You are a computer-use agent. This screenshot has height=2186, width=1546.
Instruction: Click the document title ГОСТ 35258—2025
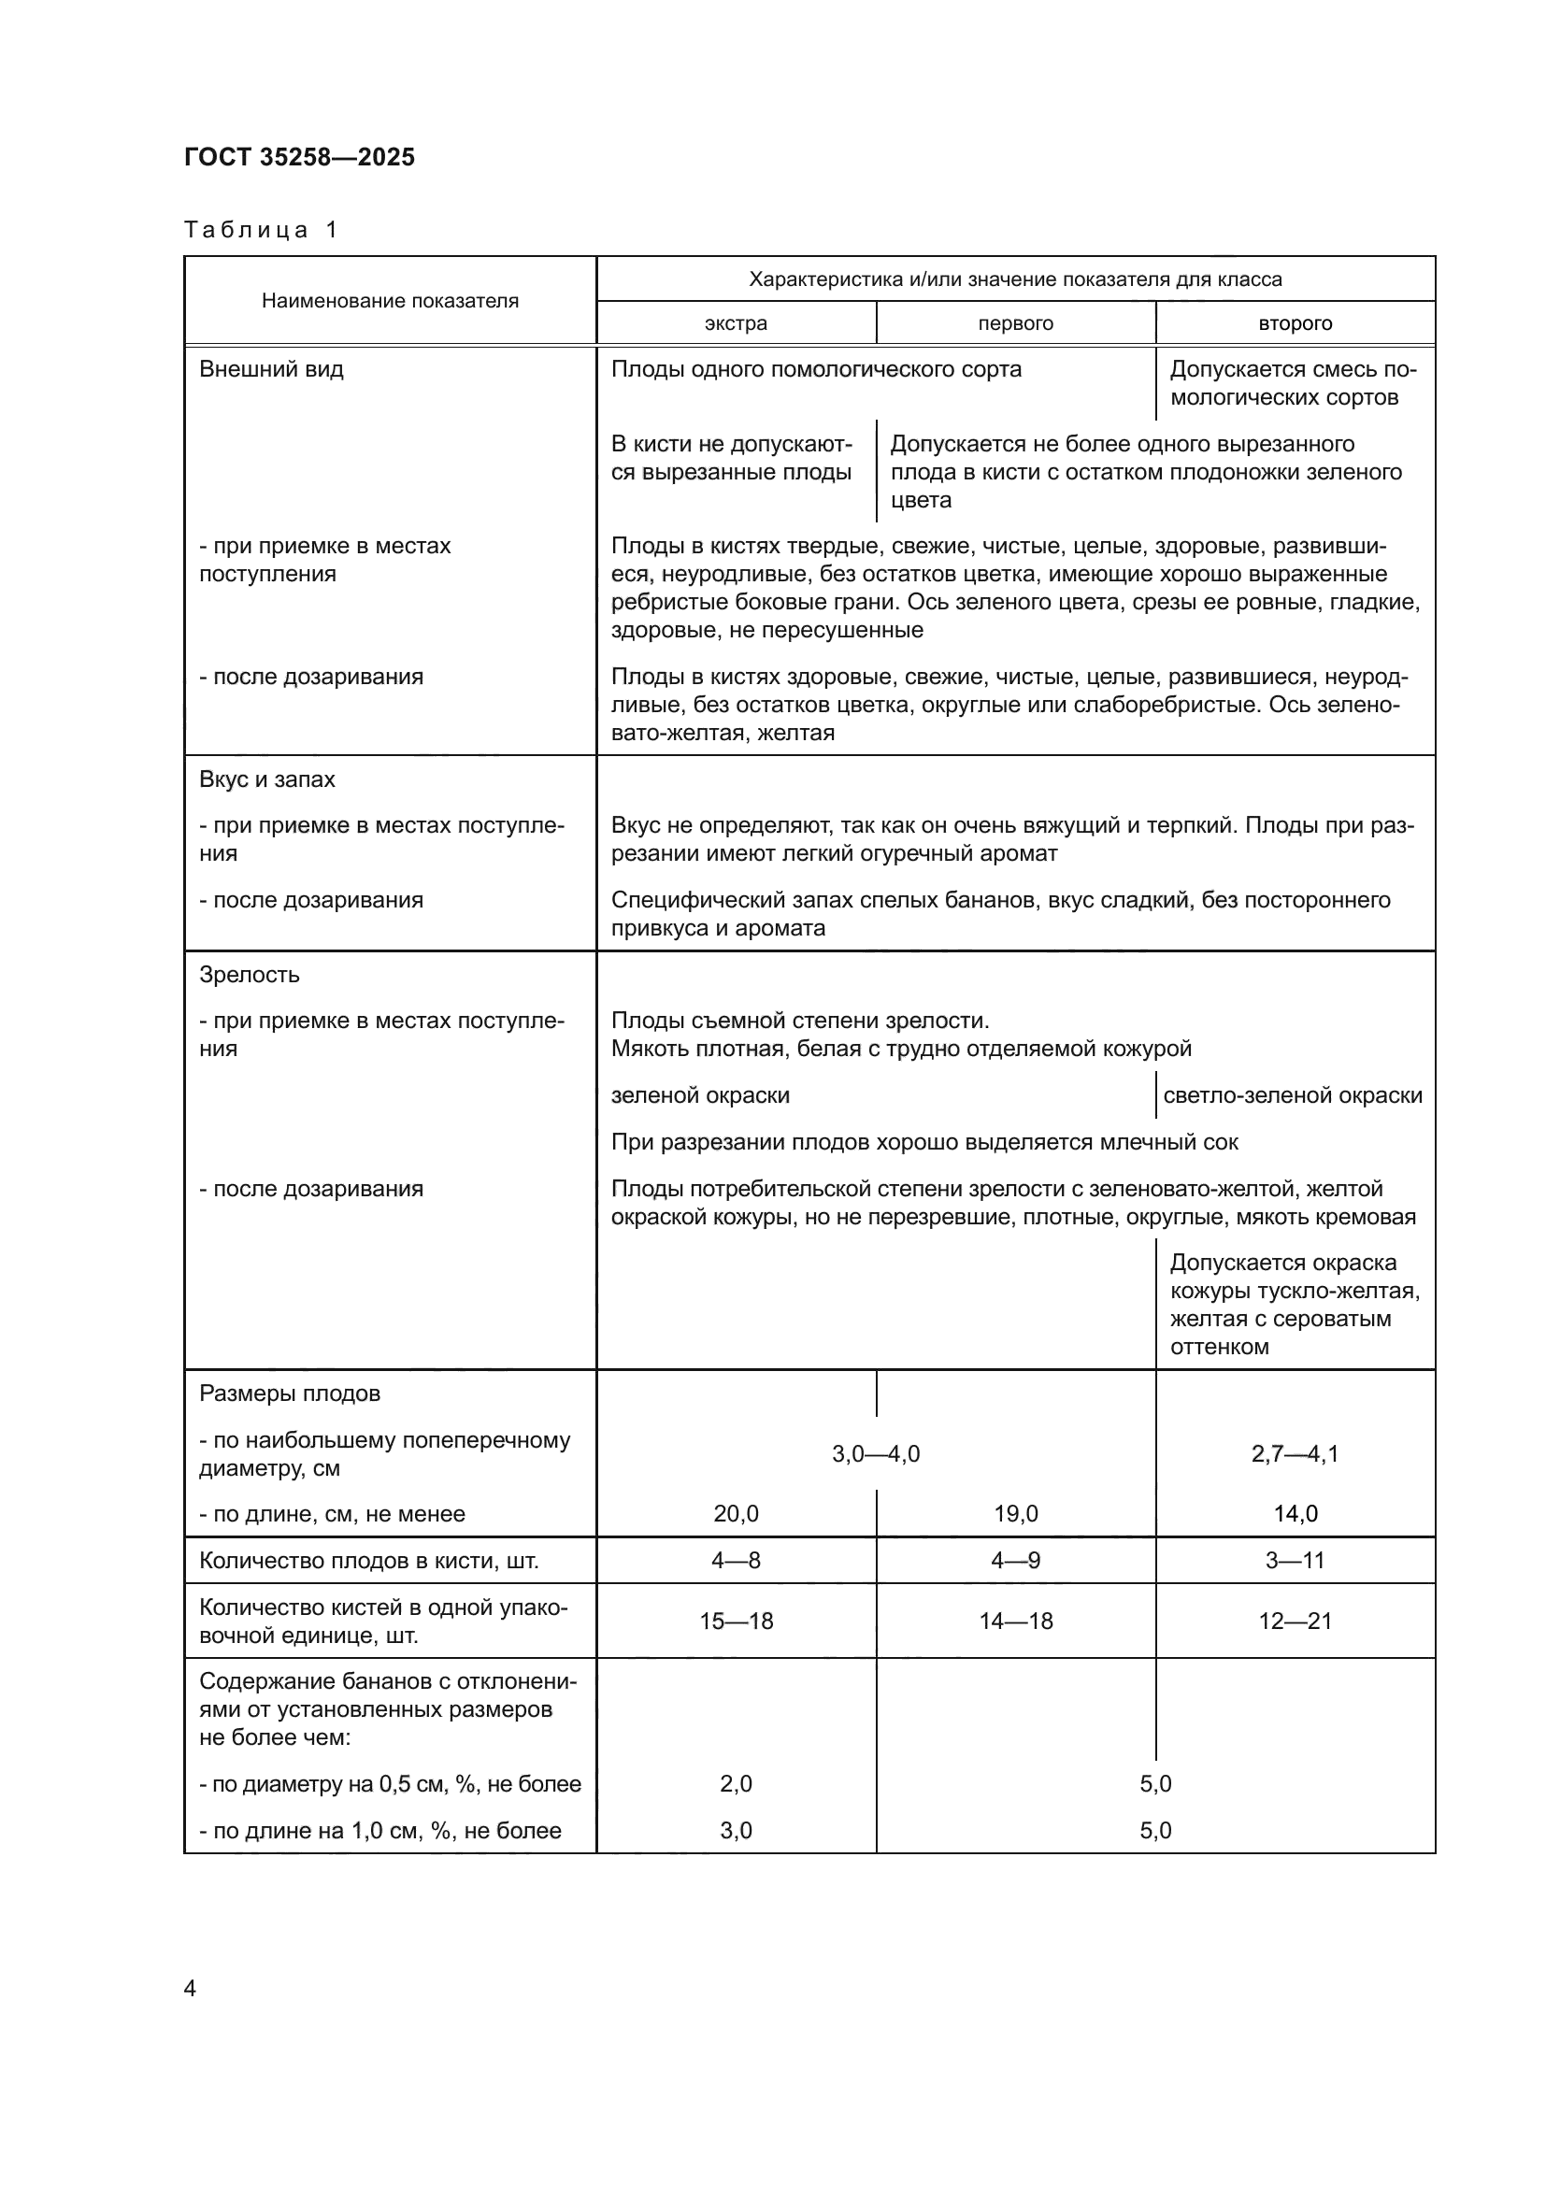coord(299,157)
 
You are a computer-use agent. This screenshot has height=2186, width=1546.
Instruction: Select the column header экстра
coord(735,322)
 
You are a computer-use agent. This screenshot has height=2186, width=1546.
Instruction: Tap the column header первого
coord(1015,322)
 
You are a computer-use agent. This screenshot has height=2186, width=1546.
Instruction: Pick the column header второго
coord(1295,322)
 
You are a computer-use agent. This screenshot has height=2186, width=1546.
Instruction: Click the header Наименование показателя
coord(390,301)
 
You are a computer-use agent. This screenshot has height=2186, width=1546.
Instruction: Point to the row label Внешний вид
coord(270,369)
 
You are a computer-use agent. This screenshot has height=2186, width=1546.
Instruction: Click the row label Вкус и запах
coord(266,779)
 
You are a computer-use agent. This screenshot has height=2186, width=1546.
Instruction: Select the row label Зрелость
coord(249,974)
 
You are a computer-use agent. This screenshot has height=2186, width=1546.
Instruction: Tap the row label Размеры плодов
coord(290,1393)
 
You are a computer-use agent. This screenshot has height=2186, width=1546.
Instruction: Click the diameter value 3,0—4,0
coord(875,1454)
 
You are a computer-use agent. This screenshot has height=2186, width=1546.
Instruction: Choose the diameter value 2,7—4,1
coord(1295,1454)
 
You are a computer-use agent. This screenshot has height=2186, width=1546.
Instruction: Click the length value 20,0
coord(735,1514)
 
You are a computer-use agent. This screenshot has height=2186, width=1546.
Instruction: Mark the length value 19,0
coord(1015,1514)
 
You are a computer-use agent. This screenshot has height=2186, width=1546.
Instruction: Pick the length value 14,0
coord(1295,1514)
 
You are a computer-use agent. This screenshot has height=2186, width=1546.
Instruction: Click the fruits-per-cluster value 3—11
coord(1295,1561)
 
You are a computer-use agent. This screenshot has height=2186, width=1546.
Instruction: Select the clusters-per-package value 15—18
coord(735,1621)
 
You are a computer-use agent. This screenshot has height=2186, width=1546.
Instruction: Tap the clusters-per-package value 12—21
coord(1295,1621)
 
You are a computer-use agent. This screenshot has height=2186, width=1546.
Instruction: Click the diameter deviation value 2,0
coord(735,1783)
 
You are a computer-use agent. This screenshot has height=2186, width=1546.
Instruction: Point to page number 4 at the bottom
coord(190,1989)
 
